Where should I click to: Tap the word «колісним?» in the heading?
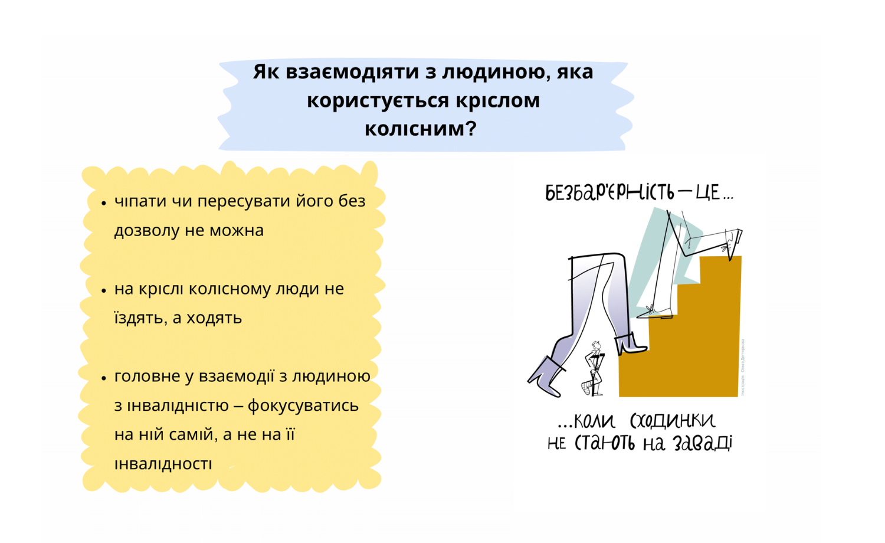(420, 129)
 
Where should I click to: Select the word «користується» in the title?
(378, 101)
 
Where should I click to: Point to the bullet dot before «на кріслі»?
(104, 291)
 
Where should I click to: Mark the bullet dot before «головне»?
(104, 378)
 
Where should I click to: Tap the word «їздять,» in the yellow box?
(140, 318)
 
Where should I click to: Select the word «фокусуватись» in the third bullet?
(303, 405)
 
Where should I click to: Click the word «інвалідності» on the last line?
(163, 464)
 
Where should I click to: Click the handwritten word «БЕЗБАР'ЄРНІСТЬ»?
(610, 192)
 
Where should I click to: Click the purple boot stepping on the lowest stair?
(631, 344)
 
